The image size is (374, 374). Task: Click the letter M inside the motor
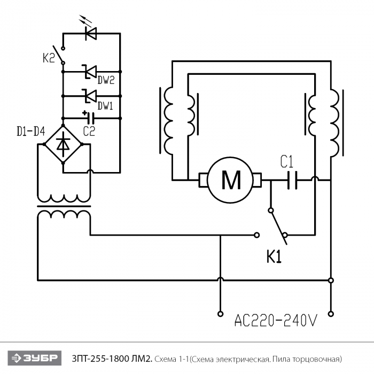(231, 180)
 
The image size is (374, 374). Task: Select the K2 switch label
(49, 58)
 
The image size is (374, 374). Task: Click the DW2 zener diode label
(106, 80)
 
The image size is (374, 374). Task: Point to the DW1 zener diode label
(105, 105)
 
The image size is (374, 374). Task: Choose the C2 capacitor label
(89, 131)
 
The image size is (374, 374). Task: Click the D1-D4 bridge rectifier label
(31, 131)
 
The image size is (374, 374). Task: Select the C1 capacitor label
(287, 162)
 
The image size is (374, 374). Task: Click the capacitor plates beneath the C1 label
(292, 180)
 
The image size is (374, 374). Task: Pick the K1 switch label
(274, 257)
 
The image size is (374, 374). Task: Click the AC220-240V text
(276, 320)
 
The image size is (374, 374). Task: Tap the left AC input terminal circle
(220, 314)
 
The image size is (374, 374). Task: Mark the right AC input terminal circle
(331, 314)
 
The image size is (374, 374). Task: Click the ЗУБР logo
(35, 358)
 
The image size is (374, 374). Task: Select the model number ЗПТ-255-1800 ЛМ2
(112, 359)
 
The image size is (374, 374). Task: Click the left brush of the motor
(203, 180)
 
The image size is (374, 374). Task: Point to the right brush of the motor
(256, 180)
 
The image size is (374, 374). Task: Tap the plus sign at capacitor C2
(84, 113)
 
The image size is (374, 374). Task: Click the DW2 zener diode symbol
(89, 72)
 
